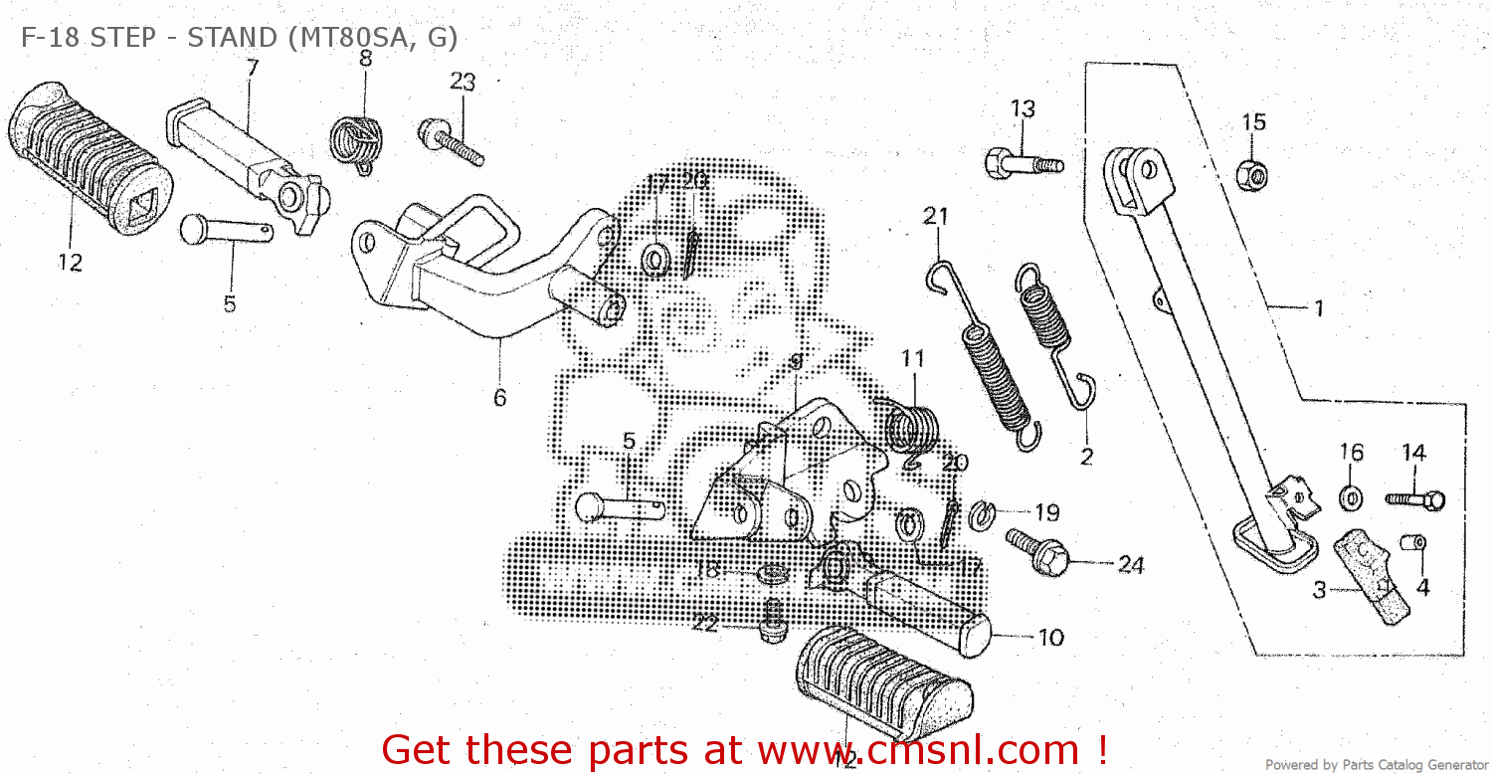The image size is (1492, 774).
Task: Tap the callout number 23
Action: [463, 83]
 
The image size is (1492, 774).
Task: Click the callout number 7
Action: [252, 68]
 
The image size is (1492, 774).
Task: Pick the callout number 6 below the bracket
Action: [499, 398]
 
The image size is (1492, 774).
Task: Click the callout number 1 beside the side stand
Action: [1319, 308]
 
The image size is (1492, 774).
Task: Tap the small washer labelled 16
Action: [1351, 493]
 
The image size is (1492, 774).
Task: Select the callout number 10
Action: [1051, 638]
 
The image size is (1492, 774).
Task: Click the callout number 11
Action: [913, 358]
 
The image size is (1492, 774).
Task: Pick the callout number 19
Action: [1046, 513]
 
